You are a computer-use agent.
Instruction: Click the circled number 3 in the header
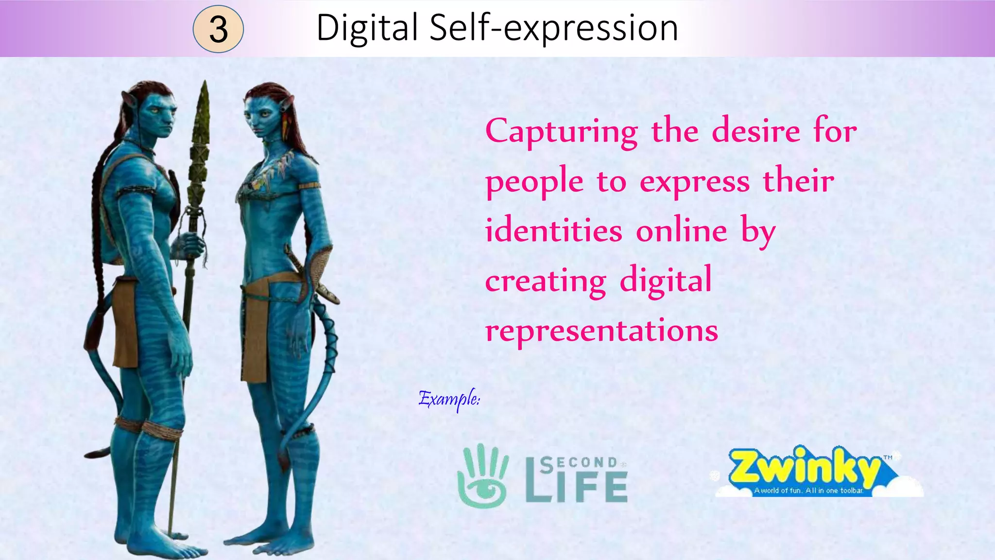(218, 29)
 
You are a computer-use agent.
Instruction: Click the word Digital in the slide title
(367, 28)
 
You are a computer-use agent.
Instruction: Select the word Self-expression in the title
(554, 28)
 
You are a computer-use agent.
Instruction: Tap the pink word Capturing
(562, 132)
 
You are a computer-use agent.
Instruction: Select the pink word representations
(601, 331)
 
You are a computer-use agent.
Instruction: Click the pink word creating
(546, 281)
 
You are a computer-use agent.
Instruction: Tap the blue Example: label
(449, 399)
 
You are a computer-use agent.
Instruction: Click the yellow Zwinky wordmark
(804, 467)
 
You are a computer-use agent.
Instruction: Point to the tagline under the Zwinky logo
(808, 490)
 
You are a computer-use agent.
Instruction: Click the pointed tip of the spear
(205, 87)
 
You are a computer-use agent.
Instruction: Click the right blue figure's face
(259, 117)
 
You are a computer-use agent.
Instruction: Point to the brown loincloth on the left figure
(125, 321)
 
